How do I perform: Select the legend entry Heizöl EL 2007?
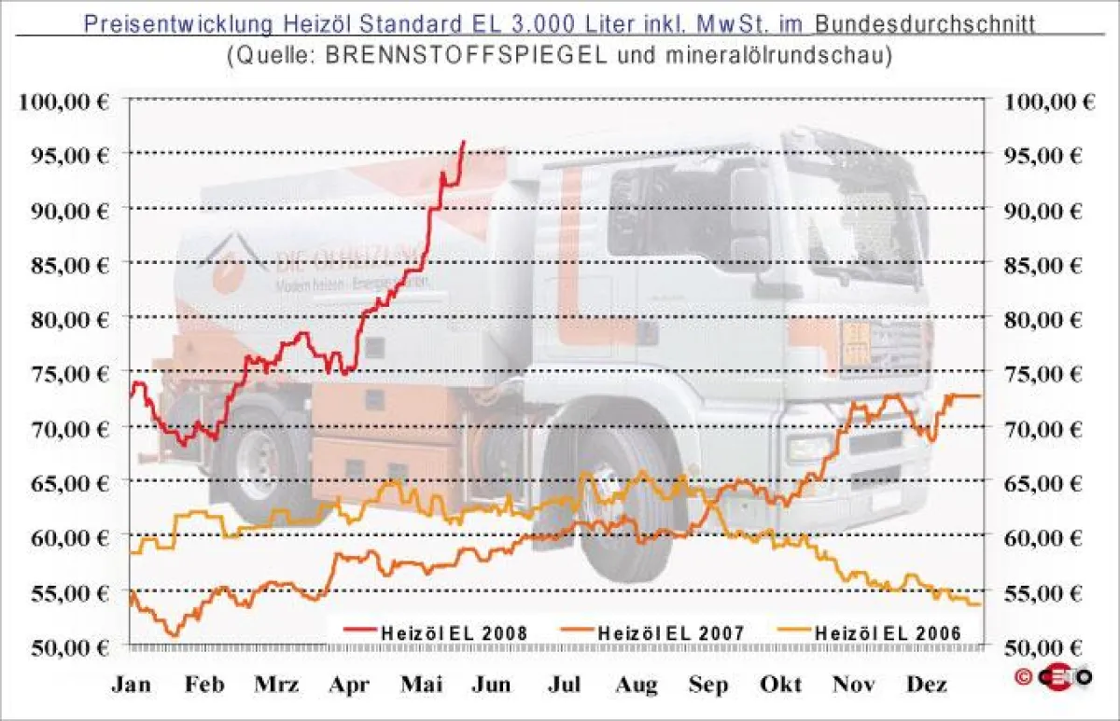[x=669, y=632]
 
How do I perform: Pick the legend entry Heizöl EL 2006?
[x=887, y=632]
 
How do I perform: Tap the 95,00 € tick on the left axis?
[x=63, y=155]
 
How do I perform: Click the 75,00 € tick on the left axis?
[x=63, y=373]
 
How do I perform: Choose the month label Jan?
[x=132, y=686]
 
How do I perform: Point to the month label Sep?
[x=708, y=686]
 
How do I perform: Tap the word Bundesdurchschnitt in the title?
[x=931, y=22]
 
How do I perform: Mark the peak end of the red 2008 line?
[x=464, y=142]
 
